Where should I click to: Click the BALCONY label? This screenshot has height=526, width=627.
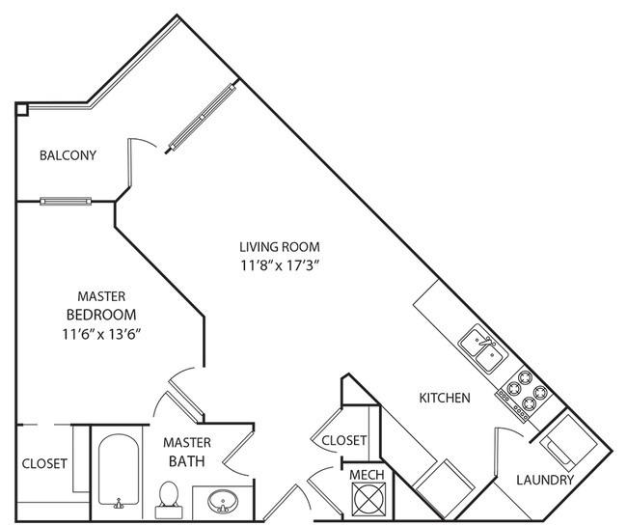68,155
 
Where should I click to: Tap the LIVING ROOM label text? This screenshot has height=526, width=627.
281,246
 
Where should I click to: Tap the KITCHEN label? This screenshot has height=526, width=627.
445,398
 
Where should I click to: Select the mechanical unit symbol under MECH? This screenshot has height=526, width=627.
367,500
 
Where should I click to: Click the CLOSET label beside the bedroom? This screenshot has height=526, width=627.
44,463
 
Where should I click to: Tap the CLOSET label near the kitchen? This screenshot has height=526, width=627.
344,440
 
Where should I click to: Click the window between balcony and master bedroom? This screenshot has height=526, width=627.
66,202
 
